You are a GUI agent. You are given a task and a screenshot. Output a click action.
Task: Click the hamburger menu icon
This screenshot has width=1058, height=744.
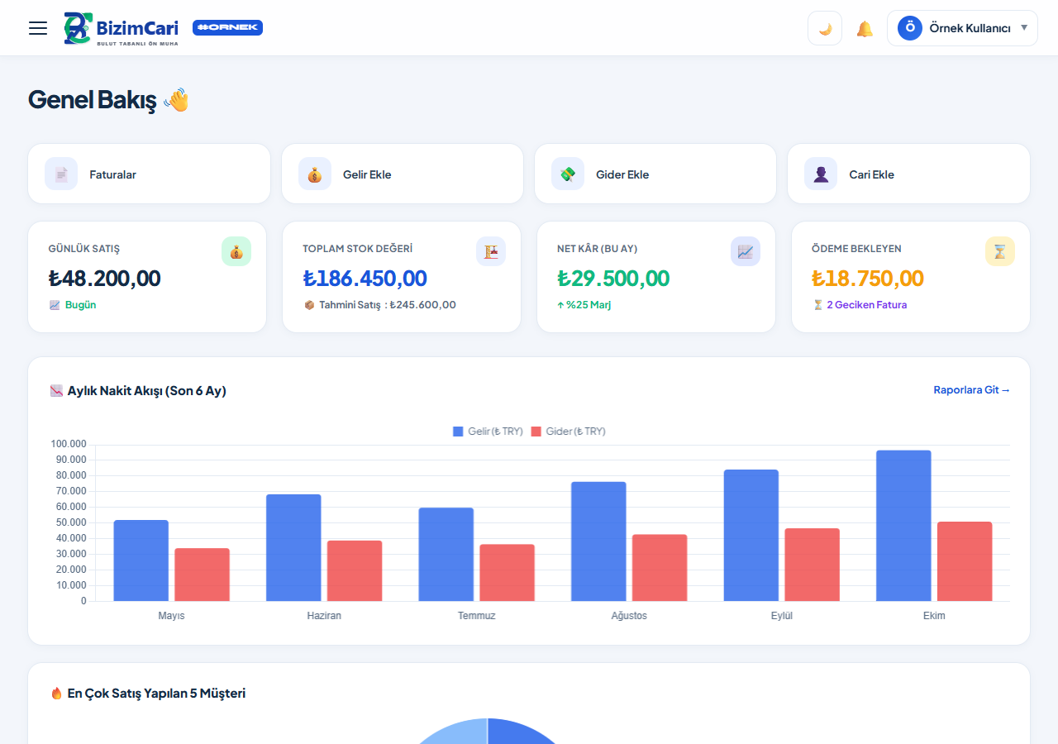(38, 28)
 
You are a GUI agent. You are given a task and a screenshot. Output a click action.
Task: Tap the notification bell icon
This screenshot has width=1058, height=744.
(865, 29)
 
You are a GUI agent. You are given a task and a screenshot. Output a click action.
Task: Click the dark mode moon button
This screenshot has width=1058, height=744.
(825, 28)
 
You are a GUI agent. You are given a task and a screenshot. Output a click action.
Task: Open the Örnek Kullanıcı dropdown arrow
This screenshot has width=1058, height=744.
(1024, 27)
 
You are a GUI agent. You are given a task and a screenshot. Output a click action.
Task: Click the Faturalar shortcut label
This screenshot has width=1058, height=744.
(112, 174)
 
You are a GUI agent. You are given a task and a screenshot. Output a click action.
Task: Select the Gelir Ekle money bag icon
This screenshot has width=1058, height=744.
(315, 174)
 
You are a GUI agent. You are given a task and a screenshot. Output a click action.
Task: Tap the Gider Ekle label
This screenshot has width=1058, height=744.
(622, 174)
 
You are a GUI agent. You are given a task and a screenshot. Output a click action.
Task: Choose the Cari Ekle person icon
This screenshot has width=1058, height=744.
(821, 174)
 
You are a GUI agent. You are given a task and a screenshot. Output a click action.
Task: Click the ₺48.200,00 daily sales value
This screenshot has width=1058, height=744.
(104, 279)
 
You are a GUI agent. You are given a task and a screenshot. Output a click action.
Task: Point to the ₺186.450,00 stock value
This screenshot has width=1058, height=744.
(365, 279)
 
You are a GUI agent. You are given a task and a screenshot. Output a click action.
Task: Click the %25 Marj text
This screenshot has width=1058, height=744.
(589, 305)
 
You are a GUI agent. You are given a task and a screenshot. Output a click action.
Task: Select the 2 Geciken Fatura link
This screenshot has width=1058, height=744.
(866, 305)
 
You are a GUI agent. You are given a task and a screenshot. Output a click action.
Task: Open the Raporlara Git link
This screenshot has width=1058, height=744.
(971, 390)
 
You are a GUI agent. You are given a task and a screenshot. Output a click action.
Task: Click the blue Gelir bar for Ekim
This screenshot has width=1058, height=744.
(903, 526)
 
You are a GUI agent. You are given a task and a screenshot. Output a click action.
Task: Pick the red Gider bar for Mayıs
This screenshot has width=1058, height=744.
(203, 575)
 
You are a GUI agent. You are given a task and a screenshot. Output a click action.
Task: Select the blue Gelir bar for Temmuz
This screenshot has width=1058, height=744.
(446, 555)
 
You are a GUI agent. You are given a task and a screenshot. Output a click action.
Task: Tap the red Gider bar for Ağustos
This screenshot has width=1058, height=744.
(660, 568)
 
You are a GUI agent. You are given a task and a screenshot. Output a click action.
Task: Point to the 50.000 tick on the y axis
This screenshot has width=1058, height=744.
(71, 522)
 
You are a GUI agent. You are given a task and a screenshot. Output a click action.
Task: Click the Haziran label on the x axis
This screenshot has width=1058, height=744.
(324, 616)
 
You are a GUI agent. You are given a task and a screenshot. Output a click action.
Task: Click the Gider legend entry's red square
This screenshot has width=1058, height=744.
(536, 432)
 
